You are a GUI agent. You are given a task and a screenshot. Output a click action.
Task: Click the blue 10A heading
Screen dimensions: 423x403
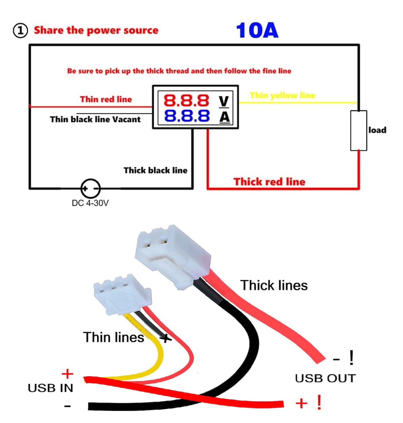click(257, 31)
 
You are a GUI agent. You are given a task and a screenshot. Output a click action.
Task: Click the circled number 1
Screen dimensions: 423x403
click(20, 31)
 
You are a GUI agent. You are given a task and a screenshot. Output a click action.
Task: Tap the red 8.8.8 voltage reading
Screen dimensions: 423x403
click(186, 100)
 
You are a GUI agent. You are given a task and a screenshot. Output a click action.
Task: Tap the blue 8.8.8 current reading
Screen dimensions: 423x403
click(186, 116)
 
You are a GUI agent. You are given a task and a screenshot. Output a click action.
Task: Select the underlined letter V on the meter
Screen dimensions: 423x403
click(224, 101)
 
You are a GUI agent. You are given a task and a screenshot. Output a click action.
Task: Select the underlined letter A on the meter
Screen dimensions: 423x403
click(224, 117)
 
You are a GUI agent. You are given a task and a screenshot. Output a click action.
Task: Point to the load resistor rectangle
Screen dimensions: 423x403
click(358, 130)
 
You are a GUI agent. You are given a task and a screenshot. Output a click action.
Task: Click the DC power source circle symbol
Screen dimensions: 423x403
click(90, 188)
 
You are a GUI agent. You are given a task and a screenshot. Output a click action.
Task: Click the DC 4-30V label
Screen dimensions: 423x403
click(90, 203)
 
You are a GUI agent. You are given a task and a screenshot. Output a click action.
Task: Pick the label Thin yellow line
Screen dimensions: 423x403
click(282, 95)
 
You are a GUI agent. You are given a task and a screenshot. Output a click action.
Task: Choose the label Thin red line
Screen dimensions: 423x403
click(106, 99)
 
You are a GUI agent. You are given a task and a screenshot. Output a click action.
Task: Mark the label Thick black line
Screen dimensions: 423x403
click(155, 170)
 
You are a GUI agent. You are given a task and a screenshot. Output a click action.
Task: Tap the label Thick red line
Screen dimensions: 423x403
click(269, 182)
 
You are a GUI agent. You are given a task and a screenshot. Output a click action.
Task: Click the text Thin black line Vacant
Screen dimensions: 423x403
click(95, 119)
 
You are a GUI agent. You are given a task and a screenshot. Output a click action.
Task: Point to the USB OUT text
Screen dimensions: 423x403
click(325, 378)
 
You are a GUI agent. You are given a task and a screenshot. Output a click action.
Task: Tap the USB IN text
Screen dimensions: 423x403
click(50, 388)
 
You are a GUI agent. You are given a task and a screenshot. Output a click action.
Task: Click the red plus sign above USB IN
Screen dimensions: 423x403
click(67, 374)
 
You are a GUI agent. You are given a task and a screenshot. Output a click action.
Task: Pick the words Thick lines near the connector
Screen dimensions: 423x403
click(274, 285)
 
